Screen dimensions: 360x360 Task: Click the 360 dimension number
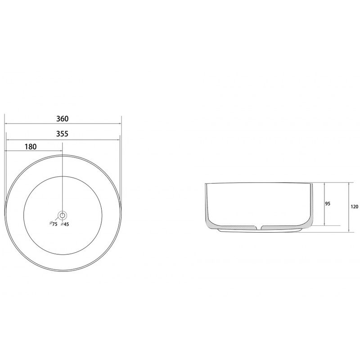click(x=63, y=119)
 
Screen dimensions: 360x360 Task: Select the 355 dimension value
click(x=62, y=134)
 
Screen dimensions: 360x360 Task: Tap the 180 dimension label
click(x=31, y=147)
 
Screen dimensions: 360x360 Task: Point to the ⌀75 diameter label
click(x=54, y=224)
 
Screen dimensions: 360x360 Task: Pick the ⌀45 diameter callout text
click(x=65, y=224)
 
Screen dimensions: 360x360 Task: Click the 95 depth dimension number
click(x=328, y=204)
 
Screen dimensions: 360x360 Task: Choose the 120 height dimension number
click(x=355, y=207)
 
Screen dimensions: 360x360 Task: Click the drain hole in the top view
click(x=62, y=215)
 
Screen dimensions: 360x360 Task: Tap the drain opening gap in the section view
click(x=259, y=228)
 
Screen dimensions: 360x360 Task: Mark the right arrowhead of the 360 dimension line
click(x=120, y=124)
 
